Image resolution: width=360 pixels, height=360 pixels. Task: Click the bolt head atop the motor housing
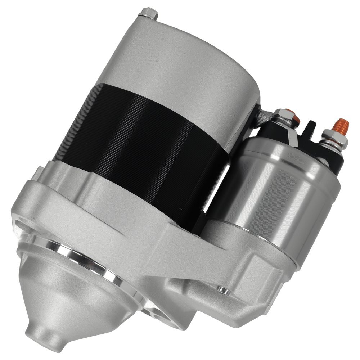(x=148, y=13)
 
